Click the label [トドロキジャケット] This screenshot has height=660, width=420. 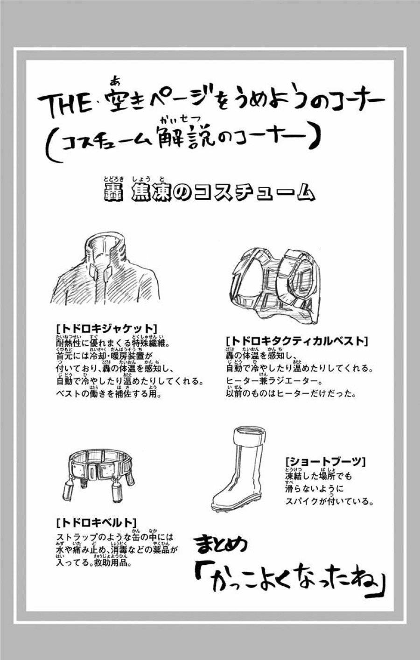[x=105, y=327]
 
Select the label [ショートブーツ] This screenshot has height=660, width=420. [x=325, y=462]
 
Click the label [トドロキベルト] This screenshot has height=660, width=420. [x=96, y=521]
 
